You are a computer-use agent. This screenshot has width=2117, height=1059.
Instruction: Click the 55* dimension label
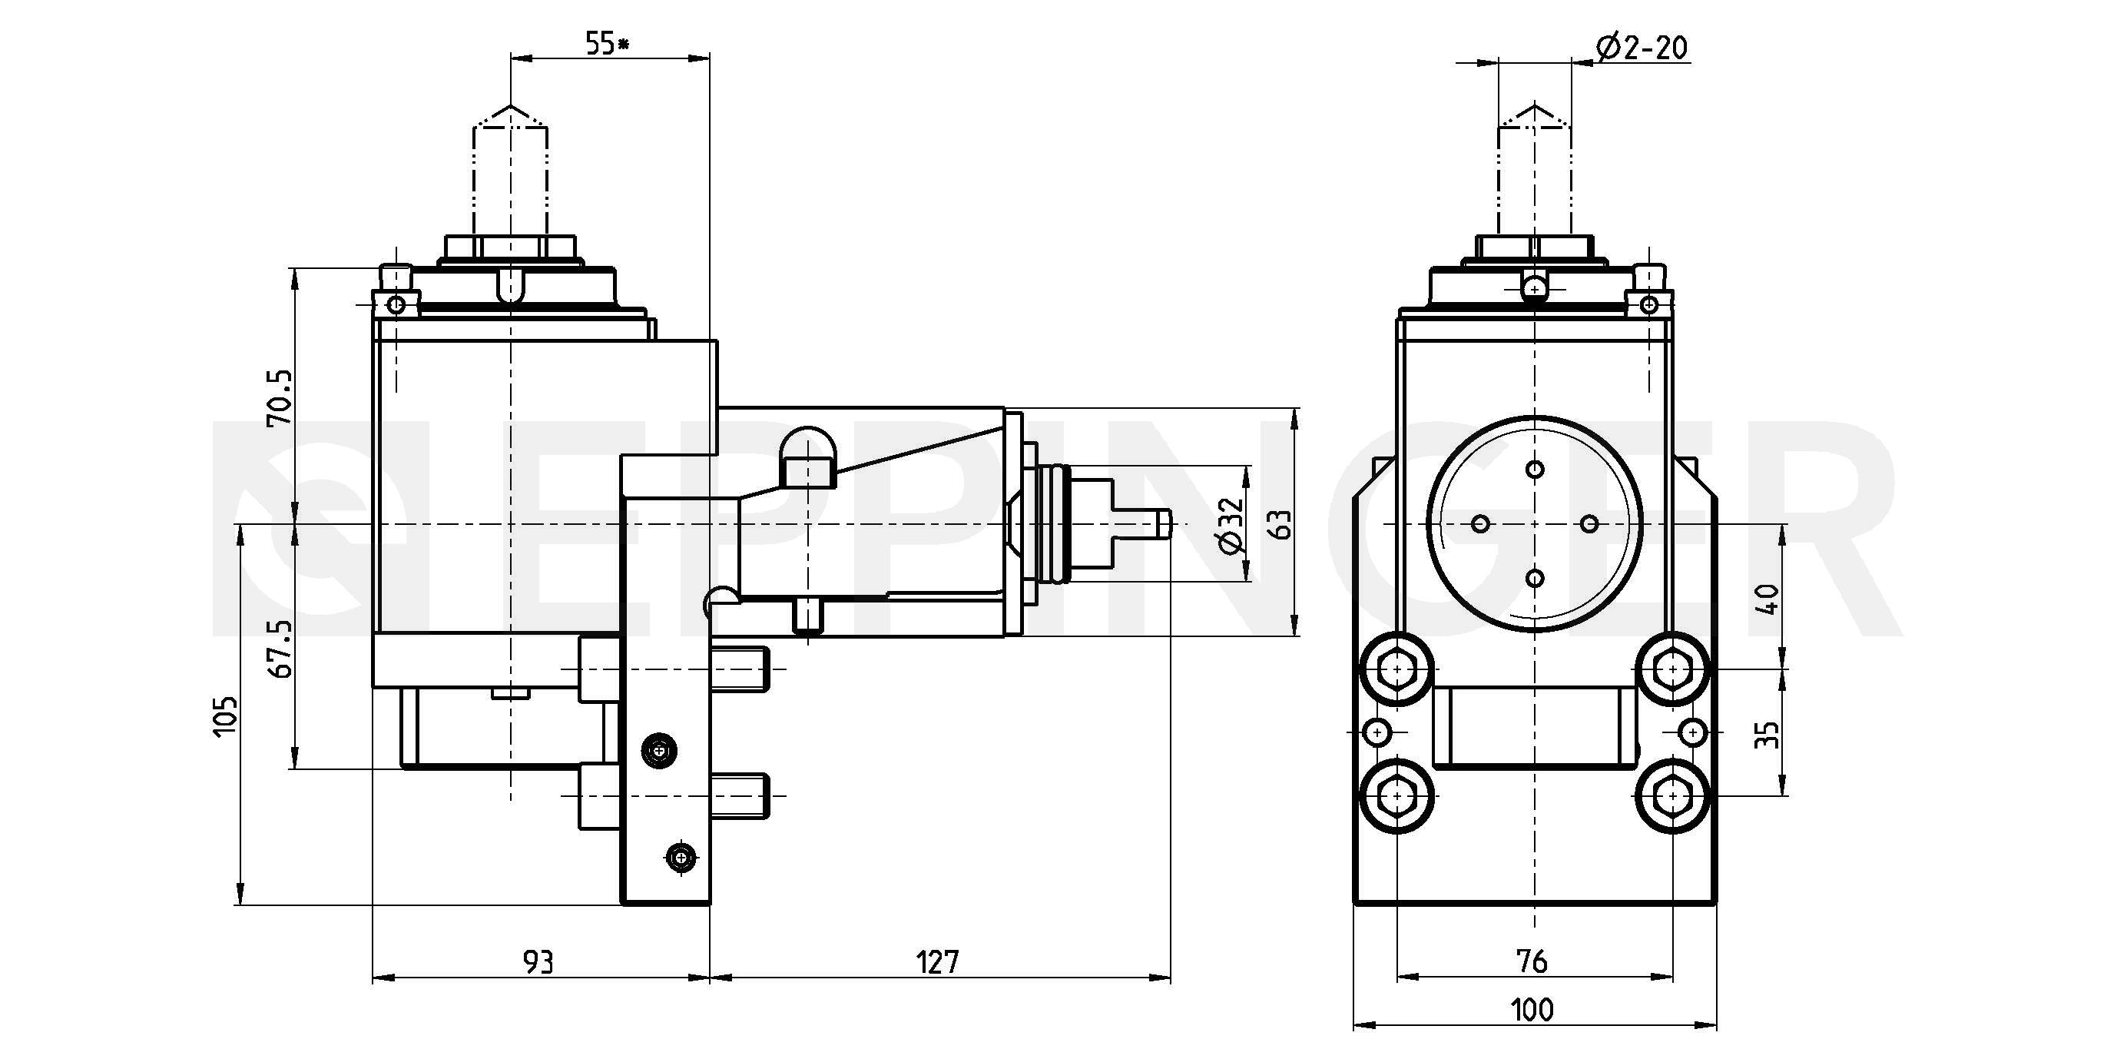click(x=607, y=44)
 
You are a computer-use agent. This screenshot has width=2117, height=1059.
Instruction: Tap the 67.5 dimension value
click(x=280, y=649)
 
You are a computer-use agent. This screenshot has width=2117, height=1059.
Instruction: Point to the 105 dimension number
click(x=224, y=716)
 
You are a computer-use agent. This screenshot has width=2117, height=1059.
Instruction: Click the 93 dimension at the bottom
click(x=538, y=961)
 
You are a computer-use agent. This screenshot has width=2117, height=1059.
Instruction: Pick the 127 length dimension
click(x=938, y=961)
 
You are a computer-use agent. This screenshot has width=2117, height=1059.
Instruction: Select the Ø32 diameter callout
click(x=1232, y=526)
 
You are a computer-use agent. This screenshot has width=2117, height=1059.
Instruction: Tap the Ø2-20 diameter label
click(x=1642, y=48)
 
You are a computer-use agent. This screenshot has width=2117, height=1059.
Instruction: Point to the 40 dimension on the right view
click(x=1767, y=599)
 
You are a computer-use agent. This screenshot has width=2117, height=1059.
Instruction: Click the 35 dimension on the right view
click(x=1767, y=734)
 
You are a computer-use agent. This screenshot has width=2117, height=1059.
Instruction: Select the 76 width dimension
click(x=1533, y=961)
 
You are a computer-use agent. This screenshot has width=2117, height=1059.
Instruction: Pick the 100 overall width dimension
click(x=1532, y=1010)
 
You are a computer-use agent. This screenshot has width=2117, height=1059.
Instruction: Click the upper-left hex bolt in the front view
click(x=1397, y=669)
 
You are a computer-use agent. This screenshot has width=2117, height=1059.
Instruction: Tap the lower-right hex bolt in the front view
click(x=1672, y=796)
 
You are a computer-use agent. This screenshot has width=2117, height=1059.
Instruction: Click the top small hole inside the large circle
click(x=1534, y=470)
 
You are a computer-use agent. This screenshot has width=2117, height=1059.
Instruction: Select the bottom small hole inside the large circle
click(x=1534, y=578)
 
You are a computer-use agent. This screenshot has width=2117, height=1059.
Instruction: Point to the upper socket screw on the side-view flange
click(x=659, y=751)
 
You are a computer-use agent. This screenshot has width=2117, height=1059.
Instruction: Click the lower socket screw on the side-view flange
click(x=681, y=858)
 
